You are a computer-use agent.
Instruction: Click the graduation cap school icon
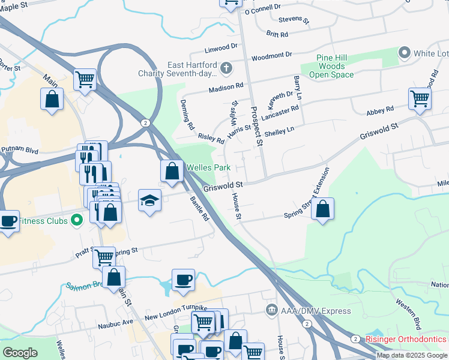[x=149, y=200]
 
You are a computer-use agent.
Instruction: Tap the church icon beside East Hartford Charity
[x=226, y=68]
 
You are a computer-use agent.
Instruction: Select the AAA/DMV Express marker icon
[x=271, y=310]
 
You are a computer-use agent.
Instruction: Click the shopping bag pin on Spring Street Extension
[x=322, y=209]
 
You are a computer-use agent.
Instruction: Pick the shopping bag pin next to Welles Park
[x=172, y=170]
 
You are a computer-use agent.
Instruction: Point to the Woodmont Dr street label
[x=271, y=55]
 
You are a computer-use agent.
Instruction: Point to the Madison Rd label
[x=226, y=88]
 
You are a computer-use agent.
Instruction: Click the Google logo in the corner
[x=20, y=352]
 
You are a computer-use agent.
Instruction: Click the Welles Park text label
[x=209, y=167]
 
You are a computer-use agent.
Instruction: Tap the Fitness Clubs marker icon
[x=76, y=220]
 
